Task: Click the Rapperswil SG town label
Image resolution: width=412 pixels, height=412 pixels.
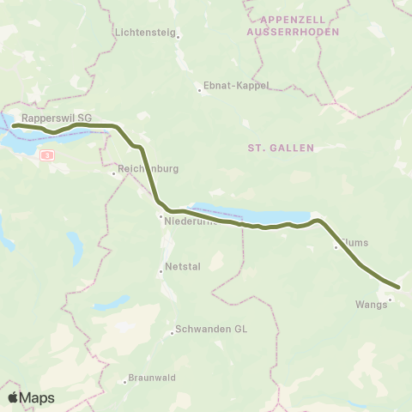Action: [57, 117]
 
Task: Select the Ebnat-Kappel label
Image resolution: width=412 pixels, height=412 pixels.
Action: [236, 86]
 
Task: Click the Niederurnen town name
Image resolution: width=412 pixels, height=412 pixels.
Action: [194, 221]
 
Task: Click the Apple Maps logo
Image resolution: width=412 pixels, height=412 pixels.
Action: [31, 397]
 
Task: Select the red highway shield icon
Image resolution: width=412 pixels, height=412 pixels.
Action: [47, 154]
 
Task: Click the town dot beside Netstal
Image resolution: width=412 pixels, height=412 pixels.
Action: [161, 273]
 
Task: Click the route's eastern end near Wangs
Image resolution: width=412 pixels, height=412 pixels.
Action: [398, 287]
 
